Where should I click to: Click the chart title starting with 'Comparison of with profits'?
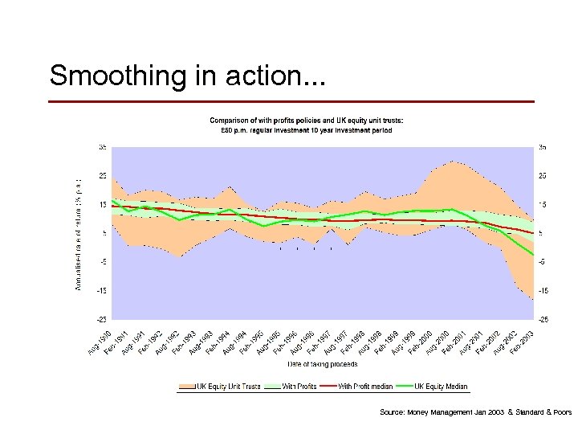(x=307, y=121)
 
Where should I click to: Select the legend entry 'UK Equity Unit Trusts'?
(x=218, y=387)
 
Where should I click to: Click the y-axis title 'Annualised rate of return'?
(x=79, y=232)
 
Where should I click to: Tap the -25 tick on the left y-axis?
(x=102, y=319)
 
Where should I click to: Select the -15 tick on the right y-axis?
(x=544, y=290)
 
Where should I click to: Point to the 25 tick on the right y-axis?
(x=543, y=176)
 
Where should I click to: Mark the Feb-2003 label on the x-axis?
(x=523, y=341)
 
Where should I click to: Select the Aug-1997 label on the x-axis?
(x=337, y=341)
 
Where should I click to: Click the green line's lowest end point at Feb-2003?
(x=532, y=256)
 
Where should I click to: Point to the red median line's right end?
(x=532, y=233)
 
